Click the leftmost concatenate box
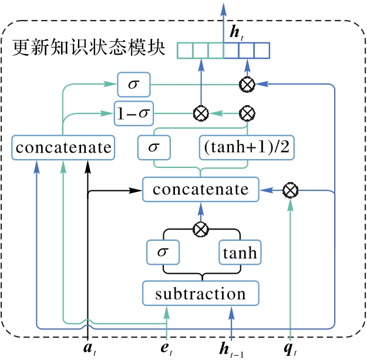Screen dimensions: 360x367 [x=63, y=147]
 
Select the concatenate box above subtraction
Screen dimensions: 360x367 [x=200, y=190]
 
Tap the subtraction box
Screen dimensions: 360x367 [x=200, y=294]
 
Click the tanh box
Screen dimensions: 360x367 [x=240, y=253]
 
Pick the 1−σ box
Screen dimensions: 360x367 [x=133, y=112]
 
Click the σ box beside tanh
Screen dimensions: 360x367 [x=163, y=253]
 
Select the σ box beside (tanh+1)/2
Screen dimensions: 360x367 [x=154, y=147]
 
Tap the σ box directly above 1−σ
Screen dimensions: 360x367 [x=133, y=85]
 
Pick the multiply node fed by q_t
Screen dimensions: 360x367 [x=289, y=190]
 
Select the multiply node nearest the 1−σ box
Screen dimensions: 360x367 [x=201, y=112]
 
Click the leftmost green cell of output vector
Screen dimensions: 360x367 [x=185, y=51]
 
